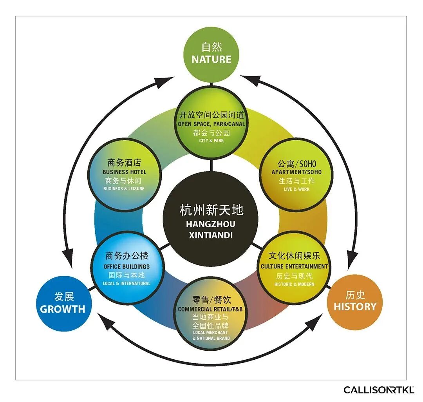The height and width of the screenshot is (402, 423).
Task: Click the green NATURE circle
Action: (x=211, y=54)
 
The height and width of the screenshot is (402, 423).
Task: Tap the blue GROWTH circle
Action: (x=63, y=303)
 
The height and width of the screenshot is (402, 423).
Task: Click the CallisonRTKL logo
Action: (x=379, y=390)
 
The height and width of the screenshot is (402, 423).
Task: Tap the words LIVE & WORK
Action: (x=296, y=189)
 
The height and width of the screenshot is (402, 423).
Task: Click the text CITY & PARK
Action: (x=211, y=141)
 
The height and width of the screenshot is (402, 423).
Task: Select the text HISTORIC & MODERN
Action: (x=294, y=284)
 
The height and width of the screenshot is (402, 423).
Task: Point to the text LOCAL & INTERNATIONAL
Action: (x=127, y=284)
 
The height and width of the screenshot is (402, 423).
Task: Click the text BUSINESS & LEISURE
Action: (x=124, y=189)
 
